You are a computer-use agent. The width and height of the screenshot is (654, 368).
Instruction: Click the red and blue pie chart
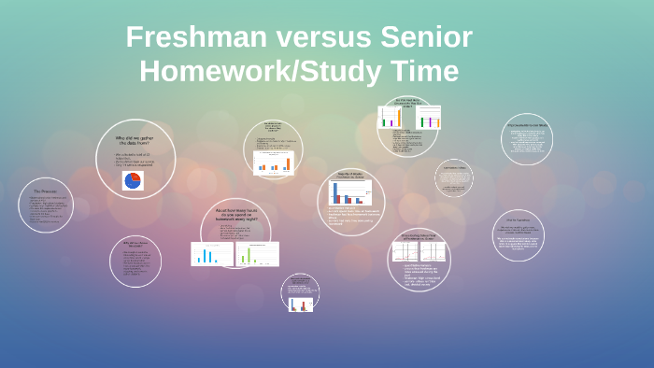pos(133,179)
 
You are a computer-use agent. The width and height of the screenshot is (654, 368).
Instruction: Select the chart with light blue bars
pos(212,253)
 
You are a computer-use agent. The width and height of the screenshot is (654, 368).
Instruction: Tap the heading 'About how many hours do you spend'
pos(235,214)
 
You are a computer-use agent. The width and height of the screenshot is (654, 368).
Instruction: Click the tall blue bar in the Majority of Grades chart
pos(335,192)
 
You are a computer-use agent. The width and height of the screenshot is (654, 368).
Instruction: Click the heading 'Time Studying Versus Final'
pos(418,237)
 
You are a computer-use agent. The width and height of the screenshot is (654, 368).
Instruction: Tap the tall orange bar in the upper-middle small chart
pos(288,163)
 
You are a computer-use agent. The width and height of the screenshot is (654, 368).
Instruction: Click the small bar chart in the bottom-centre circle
pos(301,303)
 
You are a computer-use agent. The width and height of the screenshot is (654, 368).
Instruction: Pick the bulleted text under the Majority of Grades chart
pos(349,216)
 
